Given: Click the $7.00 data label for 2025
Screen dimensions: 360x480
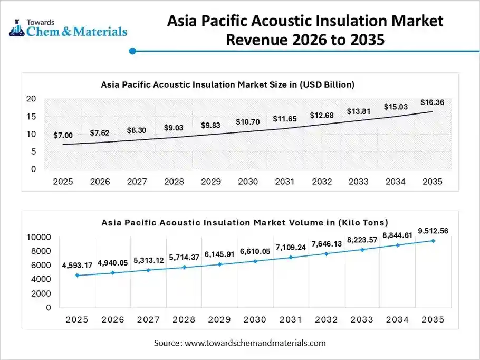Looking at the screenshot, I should click(63, 136).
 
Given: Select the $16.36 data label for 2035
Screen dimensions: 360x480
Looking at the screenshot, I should click(432, 102).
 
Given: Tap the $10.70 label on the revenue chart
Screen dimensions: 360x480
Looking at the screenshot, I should click(247, 122).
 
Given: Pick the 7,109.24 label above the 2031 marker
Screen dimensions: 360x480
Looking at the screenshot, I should click(290, 247).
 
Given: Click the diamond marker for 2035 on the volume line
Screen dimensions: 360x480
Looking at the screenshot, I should click(433, 241).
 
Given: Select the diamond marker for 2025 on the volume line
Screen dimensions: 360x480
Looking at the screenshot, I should click(77, 276).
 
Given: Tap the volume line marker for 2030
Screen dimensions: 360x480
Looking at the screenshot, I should click(255, 261).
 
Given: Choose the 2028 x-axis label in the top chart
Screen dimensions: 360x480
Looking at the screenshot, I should click(174, 182).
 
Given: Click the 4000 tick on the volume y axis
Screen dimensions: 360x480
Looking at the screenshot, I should click(41, 279).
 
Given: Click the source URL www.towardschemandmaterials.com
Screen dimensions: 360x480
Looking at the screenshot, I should click(255, 343).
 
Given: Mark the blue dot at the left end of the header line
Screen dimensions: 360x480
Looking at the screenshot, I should click(133, 51).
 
